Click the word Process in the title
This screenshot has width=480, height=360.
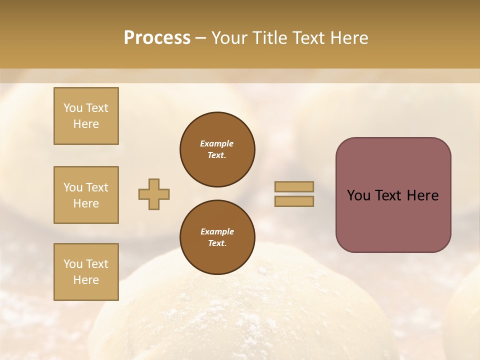coord(157,38)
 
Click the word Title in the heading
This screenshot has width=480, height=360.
coord(268,38)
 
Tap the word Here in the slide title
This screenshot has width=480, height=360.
coord(349,38)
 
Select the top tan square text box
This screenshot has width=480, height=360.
coord(86,116)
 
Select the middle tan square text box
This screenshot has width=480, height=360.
coord(86,195)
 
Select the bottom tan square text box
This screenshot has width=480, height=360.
coord(86,272)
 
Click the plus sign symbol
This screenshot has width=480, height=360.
coord(154,194)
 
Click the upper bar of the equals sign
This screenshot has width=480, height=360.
coord(294,186)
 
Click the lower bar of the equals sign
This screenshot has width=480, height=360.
coord(294,201)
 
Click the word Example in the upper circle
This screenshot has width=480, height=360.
coord(217,143)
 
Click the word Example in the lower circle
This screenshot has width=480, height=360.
coord(217,231)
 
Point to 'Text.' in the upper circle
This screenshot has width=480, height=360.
coord(217,155)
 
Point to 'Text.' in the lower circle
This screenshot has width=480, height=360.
coord(217,243)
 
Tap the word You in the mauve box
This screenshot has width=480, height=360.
coord(359,195)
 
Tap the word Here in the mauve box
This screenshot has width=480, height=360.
coord(422,195)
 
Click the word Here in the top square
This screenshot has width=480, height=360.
coord(86,124)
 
